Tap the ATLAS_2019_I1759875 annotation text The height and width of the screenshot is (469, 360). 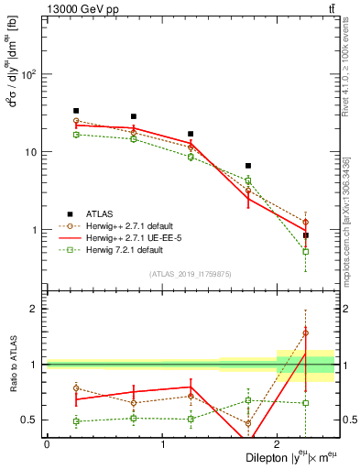tap(191, 273)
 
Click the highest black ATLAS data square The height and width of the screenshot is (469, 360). tap(76, 111)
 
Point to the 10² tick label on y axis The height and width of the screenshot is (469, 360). tap(30, 74)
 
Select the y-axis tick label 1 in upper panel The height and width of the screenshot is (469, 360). tap(36, 230)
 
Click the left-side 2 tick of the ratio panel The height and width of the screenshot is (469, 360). tap(36, 309)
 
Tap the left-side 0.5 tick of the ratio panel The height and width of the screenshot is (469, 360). tap(30, 420)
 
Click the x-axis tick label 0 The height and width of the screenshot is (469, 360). tap(47, 444)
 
